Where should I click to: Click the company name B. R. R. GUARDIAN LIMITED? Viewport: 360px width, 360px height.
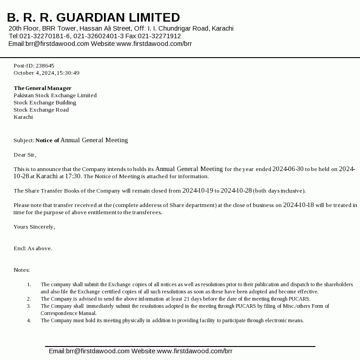pos(94,18)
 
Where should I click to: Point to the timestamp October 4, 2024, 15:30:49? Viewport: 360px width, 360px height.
pos(46,73)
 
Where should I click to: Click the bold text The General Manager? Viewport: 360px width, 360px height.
pos(42,88)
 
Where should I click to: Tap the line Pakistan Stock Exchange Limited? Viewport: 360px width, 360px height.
pos(55,95)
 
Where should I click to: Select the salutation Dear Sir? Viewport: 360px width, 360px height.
pos(24,155)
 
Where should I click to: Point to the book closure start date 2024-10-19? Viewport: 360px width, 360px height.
pos(198,191)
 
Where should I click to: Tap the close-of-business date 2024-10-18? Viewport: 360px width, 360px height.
pos(299,205)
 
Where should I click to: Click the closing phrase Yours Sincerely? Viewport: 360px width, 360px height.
pos(34,227)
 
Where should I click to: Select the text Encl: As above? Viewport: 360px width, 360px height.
pos(33,248)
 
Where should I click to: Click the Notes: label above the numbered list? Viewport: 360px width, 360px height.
pos(22,270)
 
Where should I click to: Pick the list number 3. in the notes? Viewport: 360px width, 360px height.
pos(29,306)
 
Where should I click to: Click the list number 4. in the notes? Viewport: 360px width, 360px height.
pos(29,320)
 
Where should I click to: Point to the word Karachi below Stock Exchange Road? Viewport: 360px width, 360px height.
pos(23,117)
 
